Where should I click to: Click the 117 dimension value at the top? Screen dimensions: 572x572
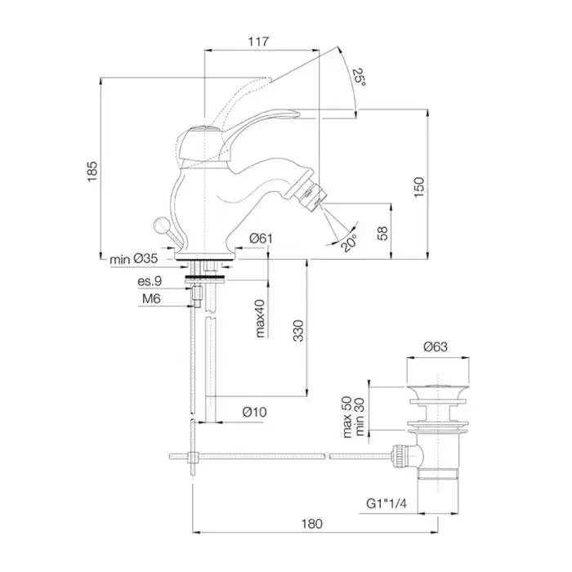click(258, 42)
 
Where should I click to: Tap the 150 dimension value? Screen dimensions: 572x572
click(418, 186)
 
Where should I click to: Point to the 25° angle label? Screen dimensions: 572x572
click(359, 78)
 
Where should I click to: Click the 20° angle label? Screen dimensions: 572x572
click(349, 243)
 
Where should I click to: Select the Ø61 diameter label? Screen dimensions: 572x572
click(260, 238)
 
